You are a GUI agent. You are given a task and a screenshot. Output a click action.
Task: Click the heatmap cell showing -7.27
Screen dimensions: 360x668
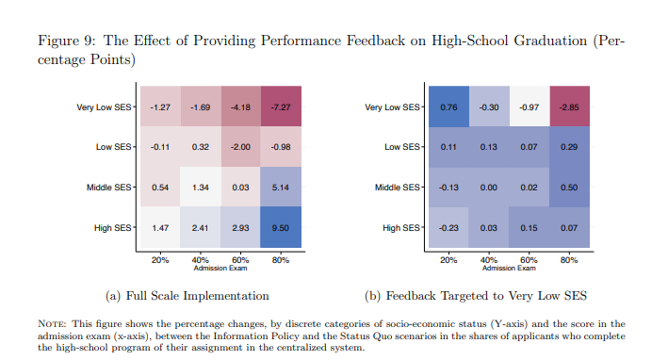coord(281,107)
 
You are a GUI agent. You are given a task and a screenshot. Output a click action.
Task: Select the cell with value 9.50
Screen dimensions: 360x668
coord(281,228)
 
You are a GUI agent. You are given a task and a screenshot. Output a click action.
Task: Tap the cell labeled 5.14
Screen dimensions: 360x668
coord(281,188)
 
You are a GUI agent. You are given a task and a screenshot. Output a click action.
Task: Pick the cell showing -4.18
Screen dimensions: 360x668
coord(239,107)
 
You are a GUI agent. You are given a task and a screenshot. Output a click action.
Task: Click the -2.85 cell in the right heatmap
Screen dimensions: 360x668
coord(568,107)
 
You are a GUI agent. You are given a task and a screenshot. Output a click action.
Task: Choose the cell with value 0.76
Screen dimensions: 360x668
coord(448,107)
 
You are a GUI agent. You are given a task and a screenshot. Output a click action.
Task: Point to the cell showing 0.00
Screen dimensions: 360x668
coord(489,188)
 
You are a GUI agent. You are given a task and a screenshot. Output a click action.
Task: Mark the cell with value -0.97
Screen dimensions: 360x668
coord(529,107)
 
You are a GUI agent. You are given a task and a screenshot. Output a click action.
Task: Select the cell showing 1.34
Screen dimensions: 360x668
coord(199,188)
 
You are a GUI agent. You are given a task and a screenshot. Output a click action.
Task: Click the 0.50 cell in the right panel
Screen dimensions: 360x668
coord(568,188)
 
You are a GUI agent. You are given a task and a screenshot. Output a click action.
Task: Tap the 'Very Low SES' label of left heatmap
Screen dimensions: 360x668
coord(105,107)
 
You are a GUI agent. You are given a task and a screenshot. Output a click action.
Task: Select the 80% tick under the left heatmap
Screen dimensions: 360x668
coord(281,259)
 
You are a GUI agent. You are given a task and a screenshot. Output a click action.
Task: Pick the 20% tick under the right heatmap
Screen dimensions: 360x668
coord(448,259)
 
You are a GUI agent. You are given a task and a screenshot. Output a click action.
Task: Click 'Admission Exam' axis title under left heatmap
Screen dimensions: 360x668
coord(220,268)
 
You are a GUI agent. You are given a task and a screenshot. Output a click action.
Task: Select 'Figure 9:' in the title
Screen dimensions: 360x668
coord(65,41)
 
